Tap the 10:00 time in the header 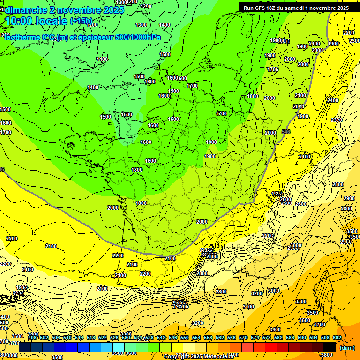(20, 21)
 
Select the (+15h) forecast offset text (81, 21)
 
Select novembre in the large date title (79, 10)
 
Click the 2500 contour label (286, 203)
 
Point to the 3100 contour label (249, 307)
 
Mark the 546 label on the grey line (286, 132)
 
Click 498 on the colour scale (32, 337)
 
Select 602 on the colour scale (337, 337)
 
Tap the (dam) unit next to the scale (347, 347)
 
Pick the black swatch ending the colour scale (329, 347)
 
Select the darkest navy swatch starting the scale (25, 347)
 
